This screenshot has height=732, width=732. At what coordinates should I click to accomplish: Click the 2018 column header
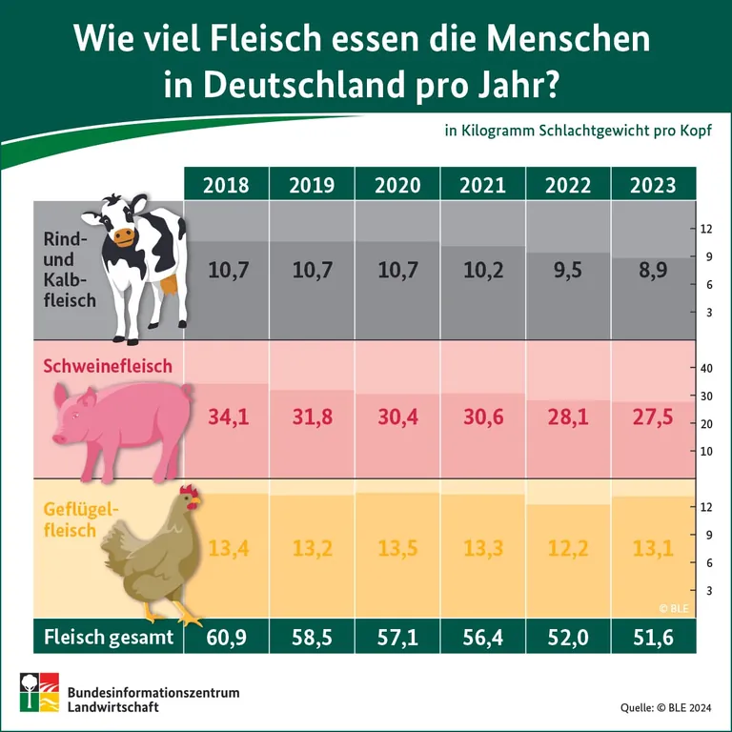coord(226,185)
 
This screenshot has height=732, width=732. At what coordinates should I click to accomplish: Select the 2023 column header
coord(653,185)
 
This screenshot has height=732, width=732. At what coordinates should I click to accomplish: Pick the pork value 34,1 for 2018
coord(226,417)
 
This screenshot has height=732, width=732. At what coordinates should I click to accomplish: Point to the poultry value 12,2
coord(568,549)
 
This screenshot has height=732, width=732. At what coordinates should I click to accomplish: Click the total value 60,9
coord(226,638)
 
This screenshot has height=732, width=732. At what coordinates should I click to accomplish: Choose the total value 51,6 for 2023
coord(653,638)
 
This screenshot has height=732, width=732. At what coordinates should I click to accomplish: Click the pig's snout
coord(58,439)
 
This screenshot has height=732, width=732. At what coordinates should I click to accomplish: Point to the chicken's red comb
coord(190,493)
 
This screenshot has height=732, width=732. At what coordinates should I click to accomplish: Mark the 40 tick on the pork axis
coord(707,369)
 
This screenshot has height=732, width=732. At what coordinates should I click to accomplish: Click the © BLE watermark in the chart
coord(672,608)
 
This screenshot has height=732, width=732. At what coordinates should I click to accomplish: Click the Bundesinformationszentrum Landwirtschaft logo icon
coord(39,694)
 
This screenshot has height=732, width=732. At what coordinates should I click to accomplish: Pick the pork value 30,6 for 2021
coord(482,417)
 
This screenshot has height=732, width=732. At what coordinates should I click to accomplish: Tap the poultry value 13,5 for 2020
coord(397,549)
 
